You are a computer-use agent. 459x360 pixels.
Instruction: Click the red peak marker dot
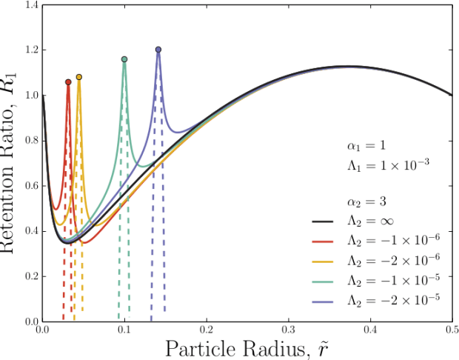(68, 81)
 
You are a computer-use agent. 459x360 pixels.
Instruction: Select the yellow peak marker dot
(79, 77)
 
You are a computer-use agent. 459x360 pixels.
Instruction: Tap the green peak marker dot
(124, 59)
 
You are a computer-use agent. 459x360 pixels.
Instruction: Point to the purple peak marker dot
(158, 50)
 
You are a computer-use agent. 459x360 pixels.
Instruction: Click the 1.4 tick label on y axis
(31, 5)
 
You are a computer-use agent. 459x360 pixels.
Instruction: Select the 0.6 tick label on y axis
(31, 186)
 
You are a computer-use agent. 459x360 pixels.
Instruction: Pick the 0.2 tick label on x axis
(206, 329)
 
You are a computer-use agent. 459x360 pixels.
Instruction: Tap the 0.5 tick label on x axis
(451, 329)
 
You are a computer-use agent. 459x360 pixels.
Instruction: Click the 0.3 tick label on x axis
(288, 329)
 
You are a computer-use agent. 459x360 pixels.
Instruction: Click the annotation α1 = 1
(366, 144)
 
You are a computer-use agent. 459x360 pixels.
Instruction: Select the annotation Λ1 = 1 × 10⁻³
(389, 164)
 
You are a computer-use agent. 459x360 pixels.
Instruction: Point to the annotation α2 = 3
(366, 201)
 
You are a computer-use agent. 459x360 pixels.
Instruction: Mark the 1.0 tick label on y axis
(31, 96)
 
